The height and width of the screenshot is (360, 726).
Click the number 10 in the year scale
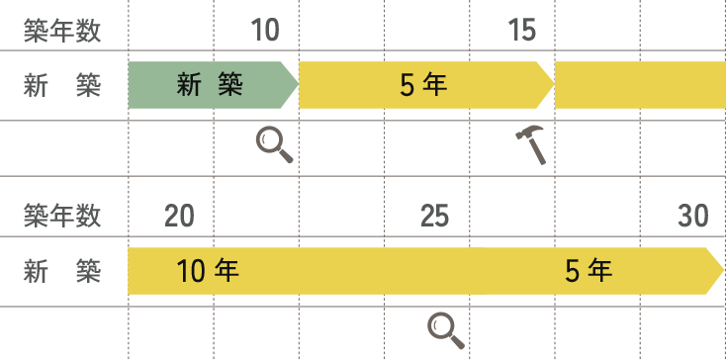click(265, 31)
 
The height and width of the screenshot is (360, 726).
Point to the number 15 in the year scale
click(522, 31)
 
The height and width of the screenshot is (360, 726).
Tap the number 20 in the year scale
click(179, 216)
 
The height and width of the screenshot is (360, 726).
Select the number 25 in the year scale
click(435, 216)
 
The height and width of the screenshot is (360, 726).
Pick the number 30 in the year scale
click(693, 216)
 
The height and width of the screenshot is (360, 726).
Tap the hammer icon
click(531, 144)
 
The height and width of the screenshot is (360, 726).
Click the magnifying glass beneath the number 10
click(275, 145)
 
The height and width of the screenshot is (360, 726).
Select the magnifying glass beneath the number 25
click(446, 331)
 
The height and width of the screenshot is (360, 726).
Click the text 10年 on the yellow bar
click(208, 271)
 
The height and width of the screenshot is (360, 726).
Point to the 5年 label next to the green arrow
click(423, 86)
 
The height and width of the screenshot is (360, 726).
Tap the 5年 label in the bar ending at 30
click(589, 271)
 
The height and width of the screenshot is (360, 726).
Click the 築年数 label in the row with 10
click(62, 31)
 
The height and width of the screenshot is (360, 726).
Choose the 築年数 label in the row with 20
click(62, 216)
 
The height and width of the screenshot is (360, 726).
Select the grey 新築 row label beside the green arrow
click(62, 86)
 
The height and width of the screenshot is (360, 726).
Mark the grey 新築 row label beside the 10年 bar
click(62, 272)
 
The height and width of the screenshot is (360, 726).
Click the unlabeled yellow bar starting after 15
click(640, 85)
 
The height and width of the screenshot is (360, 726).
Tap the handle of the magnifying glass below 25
click(457, 341)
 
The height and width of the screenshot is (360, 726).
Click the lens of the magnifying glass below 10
click(268, 139)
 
